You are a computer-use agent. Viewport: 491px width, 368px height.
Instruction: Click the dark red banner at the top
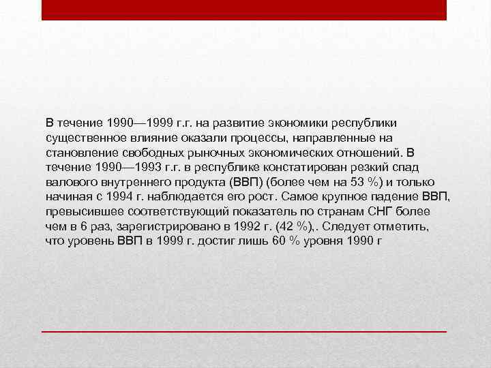pyautogui.click(x=244, y=10)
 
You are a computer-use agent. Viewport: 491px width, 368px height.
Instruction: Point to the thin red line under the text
pyautogui.click(x=244, y=331)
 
